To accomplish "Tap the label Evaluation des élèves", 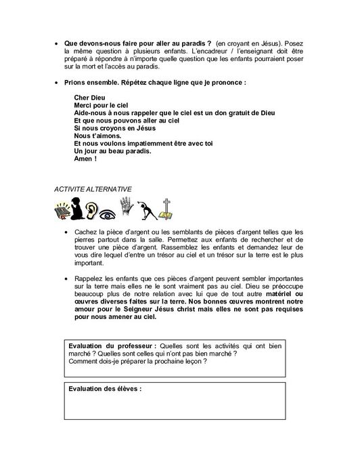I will click(x=105, y=389).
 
